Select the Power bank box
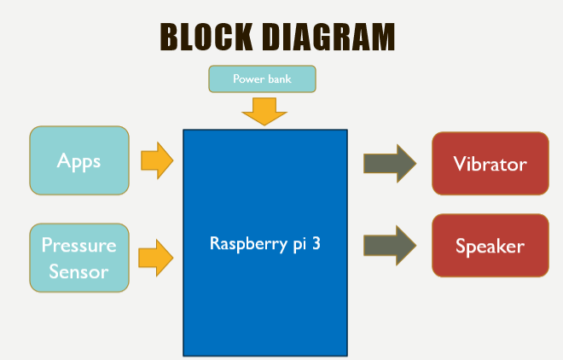(x=262, y=78)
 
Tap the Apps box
(x=79, y=160)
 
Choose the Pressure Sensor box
(x=79, y=258)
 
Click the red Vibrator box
(x=490, y=164)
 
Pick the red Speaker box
(x=490, y=247)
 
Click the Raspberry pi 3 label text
(x=265, y=242)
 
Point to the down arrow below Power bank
(x=262, y=111)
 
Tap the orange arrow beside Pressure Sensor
(x=156, y=257)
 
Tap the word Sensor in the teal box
(x=79, y=271)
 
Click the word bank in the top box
(x=277, y=78)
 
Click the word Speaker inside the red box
(x=490, y=247)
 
